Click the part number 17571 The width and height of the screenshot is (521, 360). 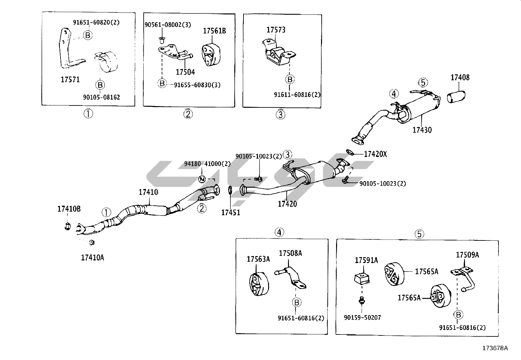(70, 79)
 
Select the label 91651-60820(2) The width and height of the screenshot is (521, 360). (96, 22)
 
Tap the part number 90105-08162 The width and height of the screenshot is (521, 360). (101, 97)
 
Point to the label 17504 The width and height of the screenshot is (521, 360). (185, 72)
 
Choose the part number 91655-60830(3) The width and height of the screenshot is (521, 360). (197, 85)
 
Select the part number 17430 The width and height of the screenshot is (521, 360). (422, 130)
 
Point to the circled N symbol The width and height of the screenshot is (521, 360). (202, 179)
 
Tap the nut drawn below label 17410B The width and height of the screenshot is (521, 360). (67, 226)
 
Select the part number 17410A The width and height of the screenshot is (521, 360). (92, 257)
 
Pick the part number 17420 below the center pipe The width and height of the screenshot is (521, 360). (287, 204)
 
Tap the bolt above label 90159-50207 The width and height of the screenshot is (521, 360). (362, 299)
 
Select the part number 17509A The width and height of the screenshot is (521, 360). (467, 255)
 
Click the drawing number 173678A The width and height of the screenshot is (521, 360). (495, 348)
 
